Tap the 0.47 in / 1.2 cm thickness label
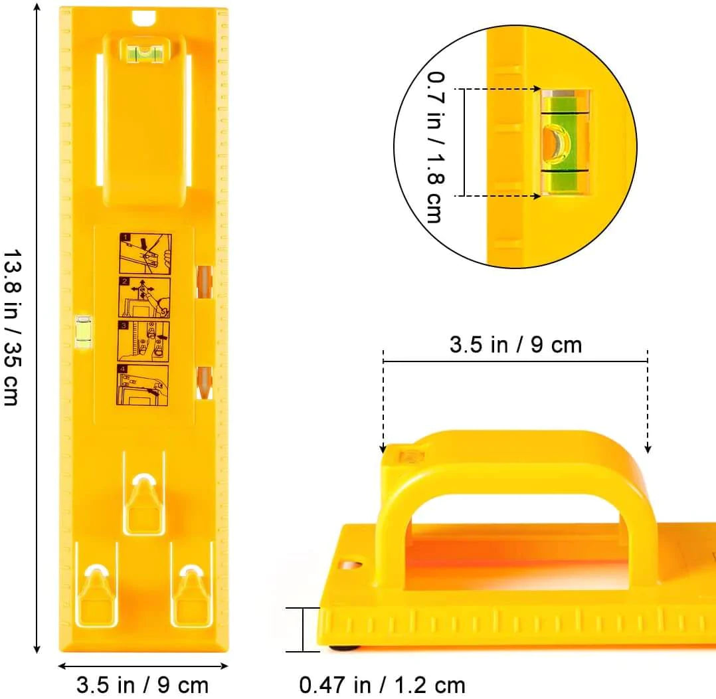(x=382, y=683)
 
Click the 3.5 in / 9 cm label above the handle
(x=515, y=345)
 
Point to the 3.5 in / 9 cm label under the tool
(x=142, y=684)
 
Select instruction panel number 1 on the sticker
(x=145, y=254)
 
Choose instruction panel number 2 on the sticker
(x=145, y=298)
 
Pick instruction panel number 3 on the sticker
(x=143, y=341)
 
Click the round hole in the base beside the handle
(x=351, y=565)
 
